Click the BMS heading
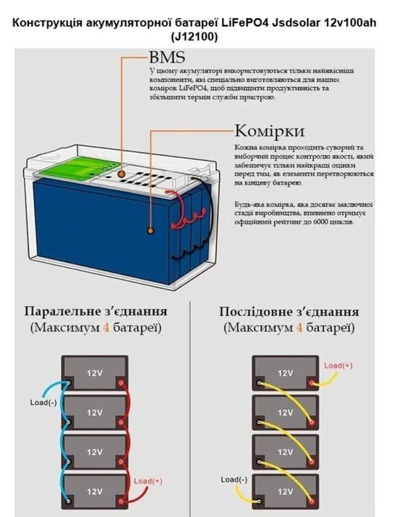[166, 58]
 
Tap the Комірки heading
[270, 131]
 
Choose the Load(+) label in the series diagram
[339, 366]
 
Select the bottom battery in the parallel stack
[94, 489]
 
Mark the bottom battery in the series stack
[284, 488]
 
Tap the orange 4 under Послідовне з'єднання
[300, 327]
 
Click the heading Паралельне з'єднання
[95, 311]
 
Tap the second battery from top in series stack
[284, 412]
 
